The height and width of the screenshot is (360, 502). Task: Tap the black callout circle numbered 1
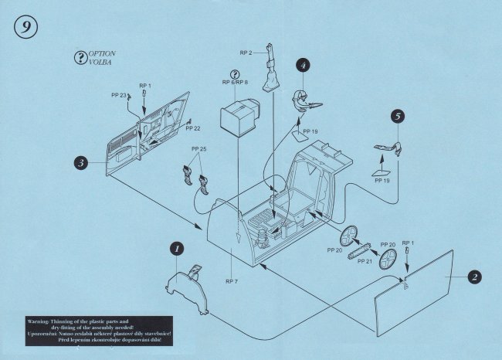click(x=176, y=250)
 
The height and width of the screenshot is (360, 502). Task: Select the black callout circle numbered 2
click(x=476, y=277)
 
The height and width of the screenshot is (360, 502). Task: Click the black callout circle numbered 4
click(x=304, y=66)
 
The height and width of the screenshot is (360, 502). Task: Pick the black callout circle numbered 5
click(x=397, y=117)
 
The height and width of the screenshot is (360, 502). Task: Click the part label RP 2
click(x=246, y=53)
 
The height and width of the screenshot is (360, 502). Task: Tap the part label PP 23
click(x=119, y=96)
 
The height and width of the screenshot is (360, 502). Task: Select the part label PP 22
click(x=193, y=128)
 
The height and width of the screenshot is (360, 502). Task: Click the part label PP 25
click(x=198, y=148)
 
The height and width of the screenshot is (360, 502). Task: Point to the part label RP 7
click(x=231, y=281)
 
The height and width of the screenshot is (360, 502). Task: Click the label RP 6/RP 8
click(x=235, y=81)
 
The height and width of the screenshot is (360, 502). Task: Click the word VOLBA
click(x=99, y=61)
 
